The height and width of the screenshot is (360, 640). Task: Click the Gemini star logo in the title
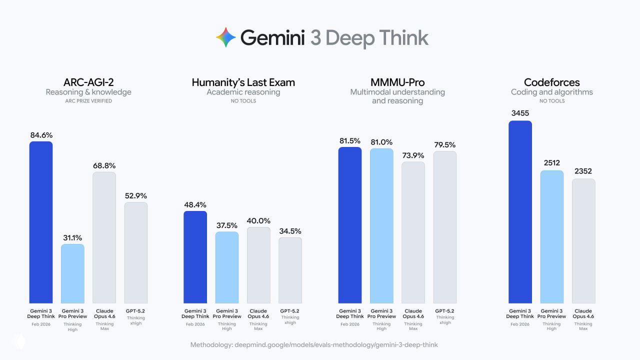point(226,37)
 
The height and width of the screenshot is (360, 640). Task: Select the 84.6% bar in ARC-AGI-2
point(41,222)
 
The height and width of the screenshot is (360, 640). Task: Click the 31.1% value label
point(72,237)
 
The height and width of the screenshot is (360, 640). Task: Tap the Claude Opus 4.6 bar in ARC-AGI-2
point(104,237)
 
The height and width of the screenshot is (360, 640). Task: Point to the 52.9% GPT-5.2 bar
point(136,252)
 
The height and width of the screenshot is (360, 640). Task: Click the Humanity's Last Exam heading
point(243,82)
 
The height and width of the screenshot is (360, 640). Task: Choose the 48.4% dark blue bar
point(195,257)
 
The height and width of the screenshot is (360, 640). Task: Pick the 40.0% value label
point(258,220)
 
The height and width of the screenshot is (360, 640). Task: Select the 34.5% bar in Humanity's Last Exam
point(290,270)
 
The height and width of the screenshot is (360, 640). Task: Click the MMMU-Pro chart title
point(397,82)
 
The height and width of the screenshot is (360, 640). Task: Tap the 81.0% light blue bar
point(381,225)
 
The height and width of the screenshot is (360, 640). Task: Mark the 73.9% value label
point(413,155)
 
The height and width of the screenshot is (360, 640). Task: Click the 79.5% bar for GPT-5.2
point(445,227)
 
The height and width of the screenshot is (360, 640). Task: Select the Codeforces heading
point(552,82)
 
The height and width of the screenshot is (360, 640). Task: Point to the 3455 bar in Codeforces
point(520,212)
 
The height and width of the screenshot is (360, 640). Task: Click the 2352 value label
point(583,171)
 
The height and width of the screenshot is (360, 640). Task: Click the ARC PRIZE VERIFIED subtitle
point(88,101)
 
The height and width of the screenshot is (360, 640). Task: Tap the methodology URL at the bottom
point(314,345)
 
